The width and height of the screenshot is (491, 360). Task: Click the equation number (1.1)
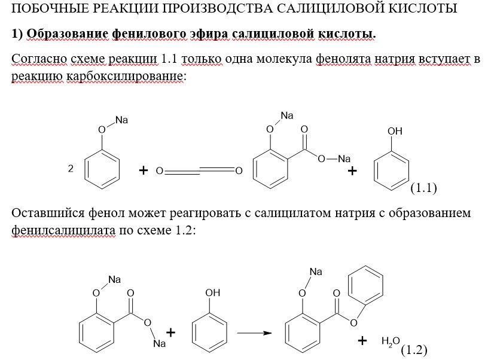coord(423,188)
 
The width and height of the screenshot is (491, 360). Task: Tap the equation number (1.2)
coord(414,350)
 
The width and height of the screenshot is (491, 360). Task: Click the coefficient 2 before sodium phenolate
coord(71,170)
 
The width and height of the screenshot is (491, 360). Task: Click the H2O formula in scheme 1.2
coord(391,341)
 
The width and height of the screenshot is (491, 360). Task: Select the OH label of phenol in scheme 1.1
coord(395,131)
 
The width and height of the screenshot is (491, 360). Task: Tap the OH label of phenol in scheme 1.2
coord(212,292)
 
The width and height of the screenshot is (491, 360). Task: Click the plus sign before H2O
coord(362,341)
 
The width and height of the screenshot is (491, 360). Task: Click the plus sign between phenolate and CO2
coord(143,171)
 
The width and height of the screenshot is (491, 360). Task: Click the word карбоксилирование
coord(125,77)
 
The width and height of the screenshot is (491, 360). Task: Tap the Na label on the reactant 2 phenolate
coord(122,120)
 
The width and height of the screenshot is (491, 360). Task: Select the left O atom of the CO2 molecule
coord(159,172)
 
